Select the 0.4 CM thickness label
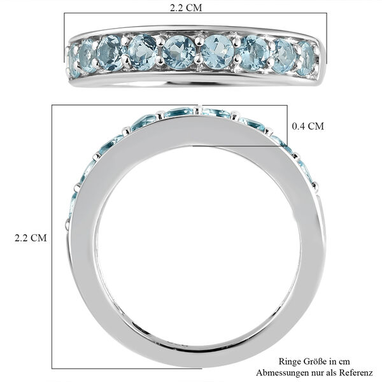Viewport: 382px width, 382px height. tap(308, 126)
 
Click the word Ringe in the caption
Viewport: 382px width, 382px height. tap(288, 360)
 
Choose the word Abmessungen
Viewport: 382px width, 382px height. tap(279, 372)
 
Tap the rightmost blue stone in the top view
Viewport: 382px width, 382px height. tap(307, 57)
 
